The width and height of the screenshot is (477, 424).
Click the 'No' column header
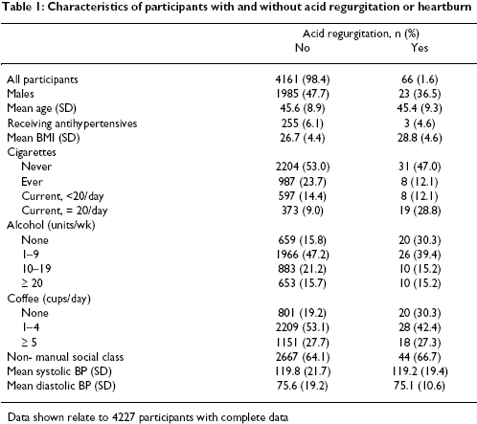[303, 48]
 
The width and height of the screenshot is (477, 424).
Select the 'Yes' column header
[420, 48]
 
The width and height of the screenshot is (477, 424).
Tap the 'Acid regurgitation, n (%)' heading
[361, 33]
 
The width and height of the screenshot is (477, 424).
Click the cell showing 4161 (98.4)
[303, 79]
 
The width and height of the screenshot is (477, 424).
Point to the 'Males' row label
[20, 94]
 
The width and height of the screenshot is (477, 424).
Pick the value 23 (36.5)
[420, 94]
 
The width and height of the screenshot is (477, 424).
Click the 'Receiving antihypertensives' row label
[72, 123]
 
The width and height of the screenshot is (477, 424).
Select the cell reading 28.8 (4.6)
[420, 138]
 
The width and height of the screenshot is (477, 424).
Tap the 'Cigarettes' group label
[32, 152]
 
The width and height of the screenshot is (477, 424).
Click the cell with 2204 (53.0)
[303, 167]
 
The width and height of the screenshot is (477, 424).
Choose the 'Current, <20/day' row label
[62, 196]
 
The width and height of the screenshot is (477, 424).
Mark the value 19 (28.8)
[420, 211]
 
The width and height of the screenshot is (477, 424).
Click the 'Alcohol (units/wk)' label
[51, 225]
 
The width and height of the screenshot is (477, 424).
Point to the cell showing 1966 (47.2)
[303, 255]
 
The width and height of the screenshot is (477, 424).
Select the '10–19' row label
[36, 269]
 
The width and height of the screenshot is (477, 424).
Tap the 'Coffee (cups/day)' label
[49, 299]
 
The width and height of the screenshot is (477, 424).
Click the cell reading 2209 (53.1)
[303, 327]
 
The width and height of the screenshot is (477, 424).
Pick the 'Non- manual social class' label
[65, 357]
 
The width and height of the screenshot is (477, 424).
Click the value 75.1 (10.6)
[420, 386]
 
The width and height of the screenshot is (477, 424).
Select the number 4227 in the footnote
[125, 417]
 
